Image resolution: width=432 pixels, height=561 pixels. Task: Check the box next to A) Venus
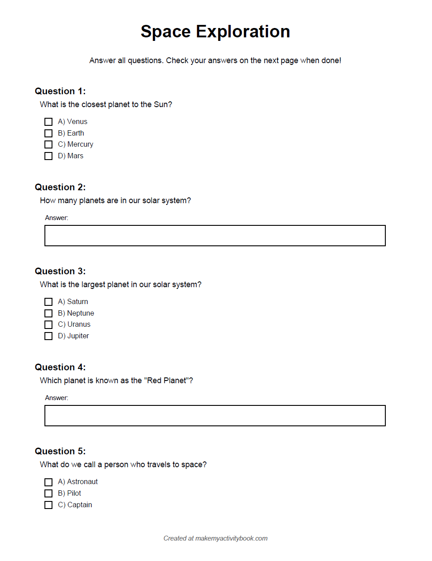tap(48, 122)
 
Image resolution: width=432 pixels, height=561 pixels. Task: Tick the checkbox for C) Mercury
tap(48, 144)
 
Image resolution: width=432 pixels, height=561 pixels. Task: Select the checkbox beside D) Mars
tap(48, 156)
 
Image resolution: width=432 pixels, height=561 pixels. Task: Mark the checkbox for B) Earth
tap(48, 133)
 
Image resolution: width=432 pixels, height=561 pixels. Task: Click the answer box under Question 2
tap(215, 236)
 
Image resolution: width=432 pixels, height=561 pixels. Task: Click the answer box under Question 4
tap(215, 416)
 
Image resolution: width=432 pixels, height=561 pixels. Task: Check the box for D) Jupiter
tap(48, 336)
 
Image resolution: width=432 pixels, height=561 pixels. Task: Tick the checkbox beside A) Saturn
tap(48, 302)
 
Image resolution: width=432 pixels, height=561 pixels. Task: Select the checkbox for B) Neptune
tap(48, 313)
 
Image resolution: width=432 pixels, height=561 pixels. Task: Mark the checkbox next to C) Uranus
tap(48, 325)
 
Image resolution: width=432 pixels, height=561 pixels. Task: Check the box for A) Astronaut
tap(48, 482)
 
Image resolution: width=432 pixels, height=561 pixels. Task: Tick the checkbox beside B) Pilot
tap(48, 493)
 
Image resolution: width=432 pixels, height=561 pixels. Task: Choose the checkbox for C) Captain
tap(48, 505)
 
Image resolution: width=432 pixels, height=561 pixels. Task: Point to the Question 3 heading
tap(60, 271)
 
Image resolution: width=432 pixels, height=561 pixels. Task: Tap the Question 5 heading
tap(60, 451)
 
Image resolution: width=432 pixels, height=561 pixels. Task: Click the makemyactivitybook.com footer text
tap(231, 538)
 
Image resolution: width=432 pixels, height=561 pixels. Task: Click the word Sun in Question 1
tap(161, 104)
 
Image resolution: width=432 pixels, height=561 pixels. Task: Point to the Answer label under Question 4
tap(56, 398)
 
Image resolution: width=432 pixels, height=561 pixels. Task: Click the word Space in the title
tap(166, 32)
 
